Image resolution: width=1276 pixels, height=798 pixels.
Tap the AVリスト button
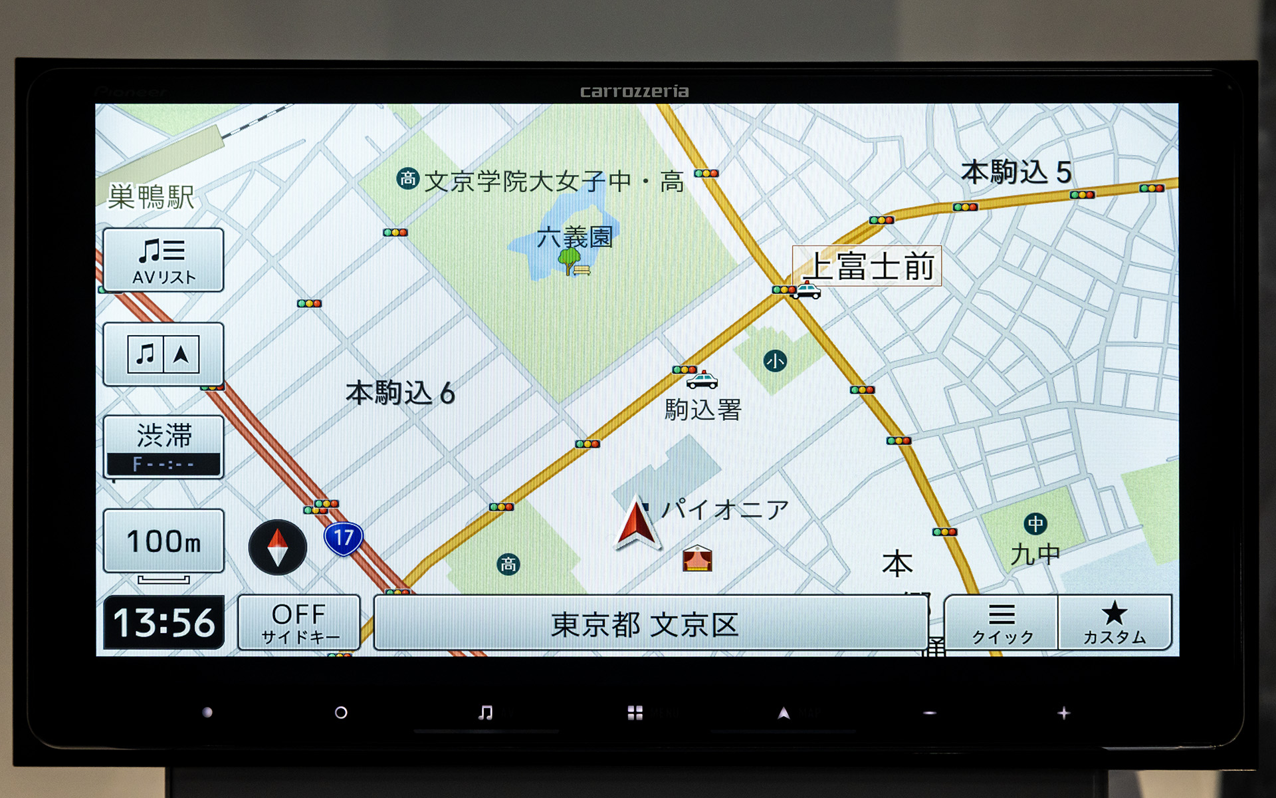[x=163, y=260]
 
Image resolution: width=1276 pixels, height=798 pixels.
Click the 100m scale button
[x=163, y=541]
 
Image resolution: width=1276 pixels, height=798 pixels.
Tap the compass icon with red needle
[x=278, y=547]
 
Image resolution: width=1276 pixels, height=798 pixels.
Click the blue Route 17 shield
[x=344, y=537]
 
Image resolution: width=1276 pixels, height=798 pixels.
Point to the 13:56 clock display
[x=164, y=622]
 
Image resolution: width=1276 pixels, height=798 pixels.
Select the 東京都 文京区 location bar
[x=650, y=623]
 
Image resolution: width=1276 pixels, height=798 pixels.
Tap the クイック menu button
[x=1002, y=622]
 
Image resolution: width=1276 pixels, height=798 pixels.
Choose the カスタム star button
[x=1115, y=622]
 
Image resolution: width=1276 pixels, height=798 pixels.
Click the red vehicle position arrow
[x=637, y=524]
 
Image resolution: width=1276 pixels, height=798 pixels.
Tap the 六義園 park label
[x=575, y=237]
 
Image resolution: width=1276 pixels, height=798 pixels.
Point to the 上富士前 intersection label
[x=867, y=266]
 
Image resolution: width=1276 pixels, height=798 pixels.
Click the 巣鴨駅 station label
[x=151, y=197]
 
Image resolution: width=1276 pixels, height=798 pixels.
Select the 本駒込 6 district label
[x=400, y=393]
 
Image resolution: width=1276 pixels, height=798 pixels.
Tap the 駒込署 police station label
[x=702, y=410]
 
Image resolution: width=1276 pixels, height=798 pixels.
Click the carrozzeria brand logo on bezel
[x=634, y=92]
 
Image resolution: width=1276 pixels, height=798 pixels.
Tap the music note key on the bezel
[x=486, y=713]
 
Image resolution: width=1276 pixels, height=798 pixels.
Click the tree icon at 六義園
[x=569, y=260]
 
